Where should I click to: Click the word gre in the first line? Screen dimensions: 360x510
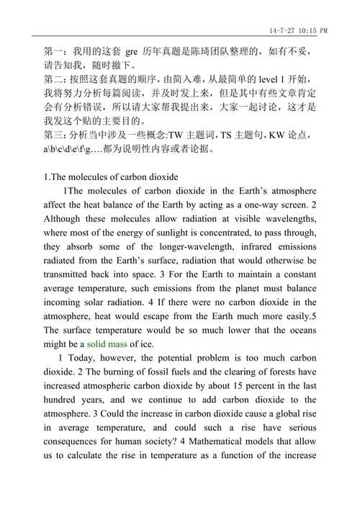(132, 52)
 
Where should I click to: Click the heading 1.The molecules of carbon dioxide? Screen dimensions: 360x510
(111, 176)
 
